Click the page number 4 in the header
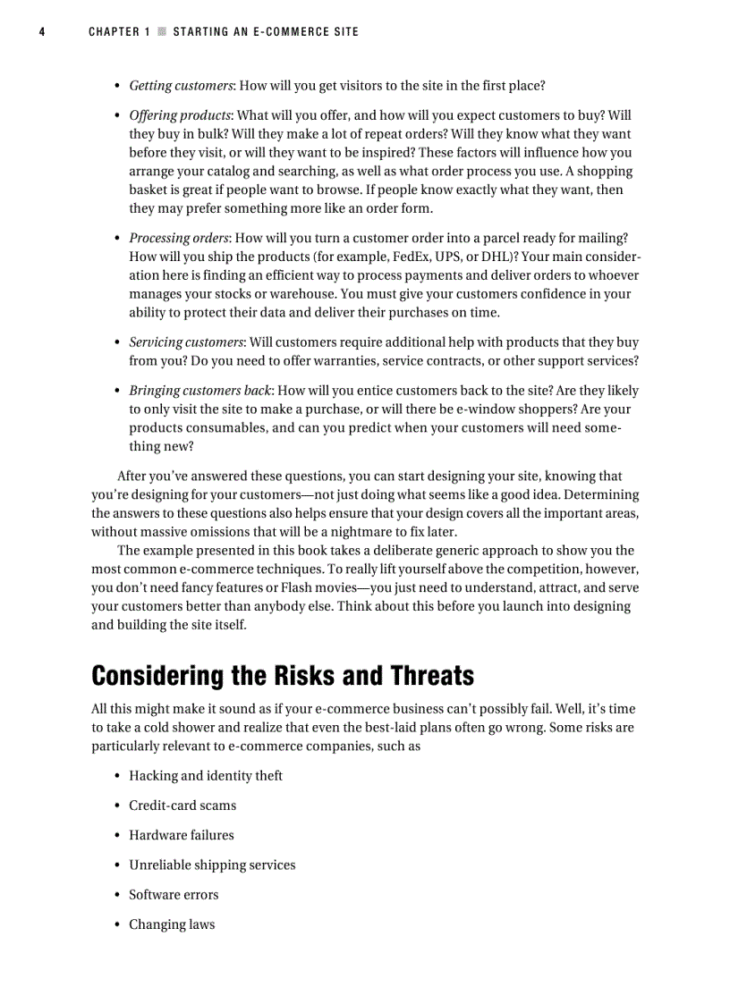[42, 32]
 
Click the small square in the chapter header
[162, 32]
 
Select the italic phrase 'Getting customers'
[181, 86]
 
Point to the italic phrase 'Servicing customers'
[186, 342]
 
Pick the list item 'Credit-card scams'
[182, 806]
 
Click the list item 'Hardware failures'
[181, 835]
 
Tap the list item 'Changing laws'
[172, 924]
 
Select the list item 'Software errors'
[174, 895]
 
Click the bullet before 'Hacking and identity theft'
[117, 776]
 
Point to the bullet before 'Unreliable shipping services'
[117, 865]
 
